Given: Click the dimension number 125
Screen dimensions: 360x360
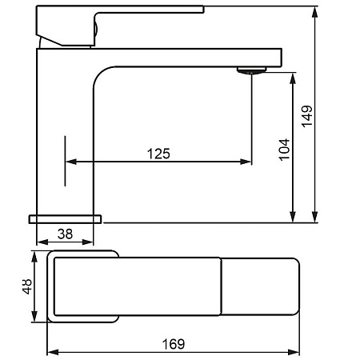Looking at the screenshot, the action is tap(158, 154).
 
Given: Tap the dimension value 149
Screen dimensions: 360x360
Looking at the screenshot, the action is tap(307, 117).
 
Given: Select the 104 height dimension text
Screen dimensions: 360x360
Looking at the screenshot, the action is tap(284, 150).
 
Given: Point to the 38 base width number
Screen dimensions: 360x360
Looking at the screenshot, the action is tap(65, 234).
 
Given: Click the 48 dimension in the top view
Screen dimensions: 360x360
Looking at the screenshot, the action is tap(27, 286).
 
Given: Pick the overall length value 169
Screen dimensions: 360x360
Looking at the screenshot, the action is tap(174, 344).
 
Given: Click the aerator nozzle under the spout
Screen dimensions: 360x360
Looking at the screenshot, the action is tap(252, 70).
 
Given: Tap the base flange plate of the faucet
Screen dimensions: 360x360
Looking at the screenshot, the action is tap(66, 219).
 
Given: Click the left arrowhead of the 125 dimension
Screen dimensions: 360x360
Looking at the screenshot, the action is tap(71, 162).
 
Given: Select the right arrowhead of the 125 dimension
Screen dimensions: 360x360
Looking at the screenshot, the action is tap(246, 162).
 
